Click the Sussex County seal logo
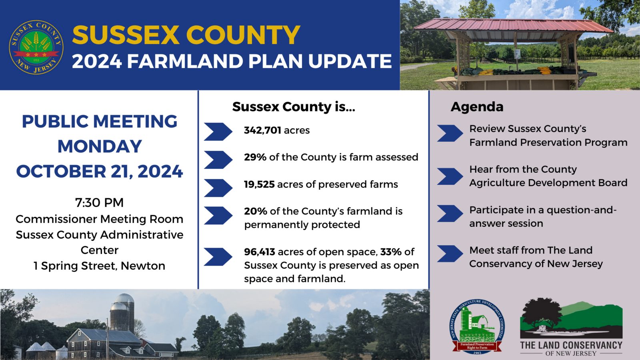pyautogui.click(x=36, y=47)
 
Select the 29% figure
pyautogui.click(x=255, y=157)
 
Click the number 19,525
pyautogui.click(x=259, y=184)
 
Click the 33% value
pyautogui.click(x=391, y=252)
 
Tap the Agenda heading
pyautogui.click(x=477, y=107)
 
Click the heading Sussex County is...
pyautogui.click(x=293, y=107)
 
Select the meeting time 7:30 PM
pyautogui.click(x=99, y=203)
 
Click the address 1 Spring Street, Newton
pyautogui.click(x=99, y=266)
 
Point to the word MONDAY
pyautogui.click(x=99, y=146)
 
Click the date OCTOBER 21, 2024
pyautogui.click(x=99, y=172)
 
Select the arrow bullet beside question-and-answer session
pyautogui.click(x=450, y=214)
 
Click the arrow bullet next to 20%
pyautogui.click(x=218, y=215)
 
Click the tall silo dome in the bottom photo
pyautogui.click(x=124, y=299)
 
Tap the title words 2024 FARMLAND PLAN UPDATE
pyautogui.click(x=232, y=61)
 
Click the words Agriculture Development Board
pyautogui.click(x=548, y=183)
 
